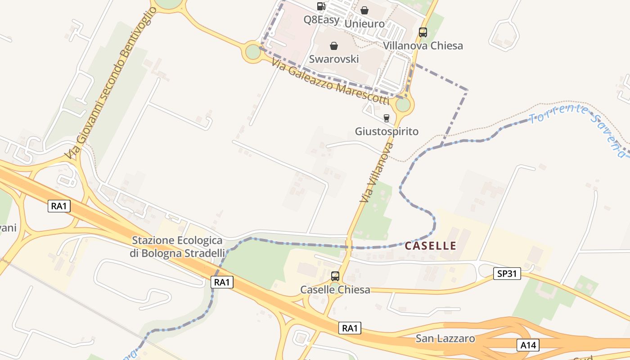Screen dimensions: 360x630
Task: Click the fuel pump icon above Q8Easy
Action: [x=321, y=6]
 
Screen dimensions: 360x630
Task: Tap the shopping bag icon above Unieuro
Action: [x=364, y=10]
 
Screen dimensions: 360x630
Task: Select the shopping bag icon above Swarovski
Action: [x=334, y=46]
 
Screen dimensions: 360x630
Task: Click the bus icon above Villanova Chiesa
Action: [x=423, y=32]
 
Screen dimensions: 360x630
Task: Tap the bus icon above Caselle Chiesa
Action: [x=335, y=276]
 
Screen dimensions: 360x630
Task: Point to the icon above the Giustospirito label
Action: [x=386, y=118]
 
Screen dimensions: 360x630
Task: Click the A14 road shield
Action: [x=528, y=345]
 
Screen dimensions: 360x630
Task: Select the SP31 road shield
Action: [x=507, y=273]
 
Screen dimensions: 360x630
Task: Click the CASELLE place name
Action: [x=431, y=246]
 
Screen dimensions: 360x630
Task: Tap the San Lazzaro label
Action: [x=445, y=338]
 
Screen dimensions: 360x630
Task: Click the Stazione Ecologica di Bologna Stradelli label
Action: [x=177, y=247]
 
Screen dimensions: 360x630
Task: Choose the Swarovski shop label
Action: [x=334, y=59]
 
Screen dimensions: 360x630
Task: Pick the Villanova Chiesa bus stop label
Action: [x=423, y=45]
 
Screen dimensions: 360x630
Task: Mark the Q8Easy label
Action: [x=321, y=19]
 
